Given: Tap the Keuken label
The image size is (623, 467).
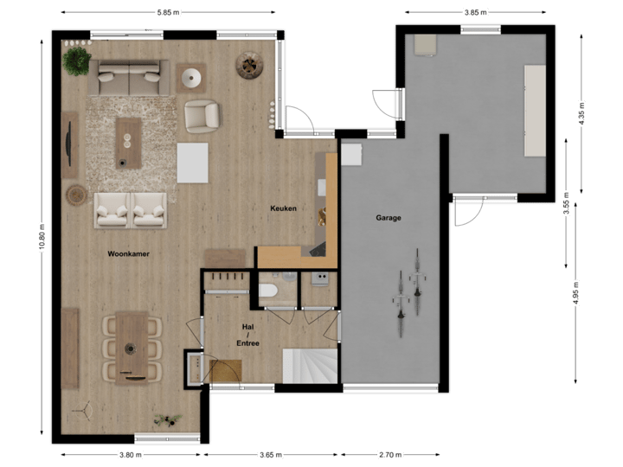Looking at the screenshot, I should click(284, 208).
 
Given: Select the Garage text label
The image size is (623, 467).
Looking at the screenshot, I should click(389, 218).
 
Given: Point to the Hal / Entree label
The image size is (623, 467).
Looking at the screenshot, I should click(248, 336).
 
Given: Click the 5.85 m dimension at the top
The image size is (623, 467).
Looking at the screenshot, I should click(169, 13).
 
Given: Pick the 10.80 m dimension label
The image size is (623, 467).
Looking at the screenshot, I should click(41, 235).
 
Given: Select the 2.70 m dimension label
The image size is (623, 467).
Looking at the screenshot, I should click(390, 454).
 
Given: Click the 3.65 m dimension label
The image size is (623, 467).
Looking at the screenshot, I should click(271, 454).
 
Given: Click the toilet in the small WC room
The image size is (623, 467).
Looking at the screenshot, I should click(267, 289).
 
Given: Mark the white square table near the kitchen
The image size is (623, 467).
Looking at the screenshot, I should click(193, 163).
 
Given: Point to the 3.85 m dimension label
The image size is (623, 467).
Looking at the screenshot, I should click(476, 13).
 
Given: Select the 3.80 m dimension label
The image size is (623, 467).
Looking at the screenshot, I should click(130, 454).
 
